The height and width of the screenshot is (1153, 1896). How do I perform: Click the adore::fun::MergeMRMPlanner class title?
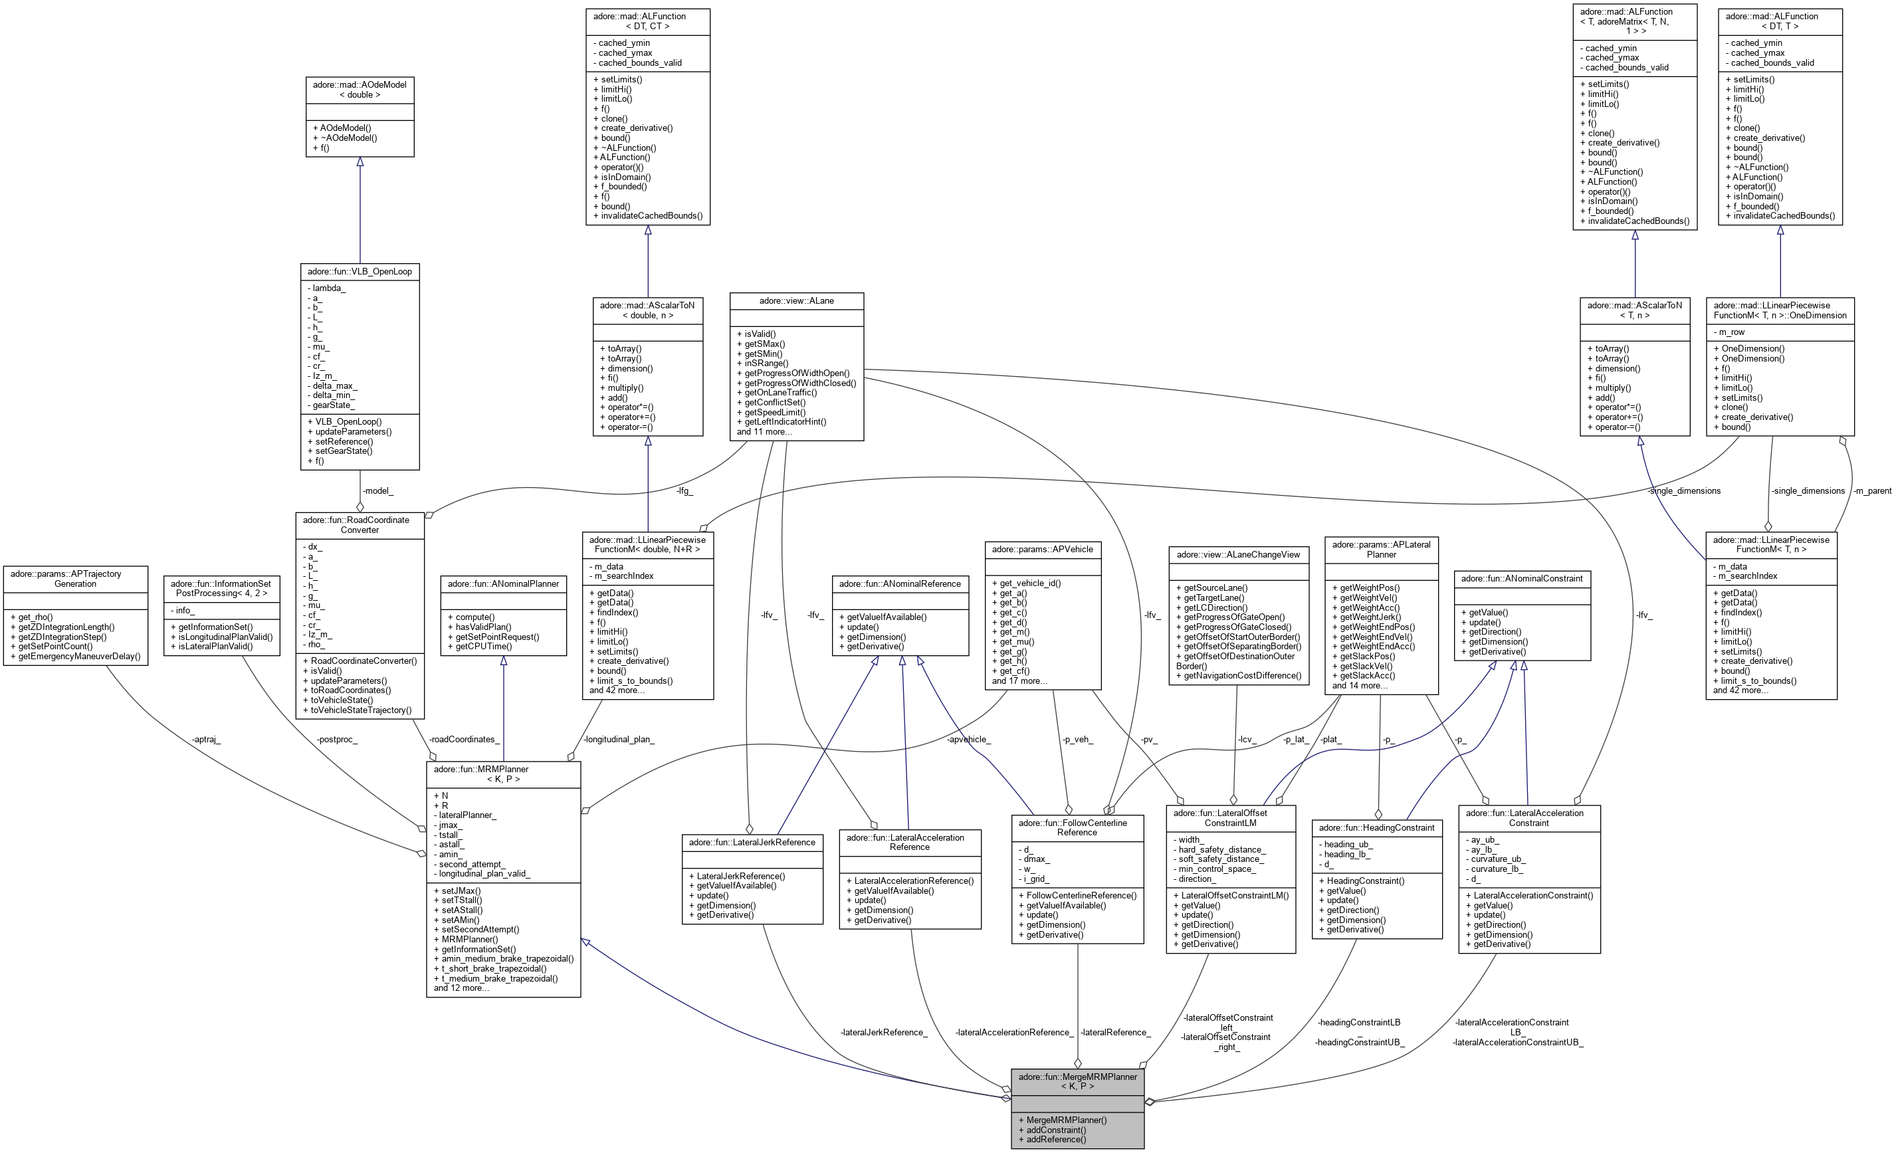pyautogui.click(x=1077, y=1081)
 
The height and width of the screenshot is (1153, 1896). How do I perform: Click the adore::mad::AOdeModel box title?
pyautogui.click(x=360, y=89)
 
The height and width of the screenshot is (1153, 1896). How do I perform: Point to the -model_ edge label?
pyautogui.click(x=378, y=490)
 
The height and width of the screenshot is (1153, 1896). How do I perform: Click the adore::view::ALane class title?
pyautogui.click(x=796, y=300)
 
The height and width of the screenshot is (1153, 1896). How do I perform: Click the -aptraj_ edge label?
pyautogui.click(x=205, y=739)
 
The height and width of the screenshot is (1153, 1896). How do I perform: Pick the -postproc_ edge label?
pyautogui.click(x=337, y=739)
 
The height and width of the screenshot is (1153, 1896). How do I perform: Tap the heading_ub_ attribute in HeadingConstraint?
pyautogui.click(x=1348, y=845)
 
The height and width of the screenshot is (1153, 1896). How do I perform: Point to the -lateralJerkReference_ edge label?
pyautogui.click(x=884, y=1032)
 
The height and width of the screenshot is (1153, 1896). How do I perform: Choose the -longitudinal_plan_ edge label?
pyautogui.click(x=619, y=739)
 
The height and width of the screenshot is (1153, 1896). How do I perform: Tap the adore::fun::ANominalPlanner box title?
pyautogui.click(x=503, y=583)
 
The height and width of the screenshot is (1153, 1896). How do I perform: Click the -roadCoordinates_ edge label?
pyautogui.click(x=464, y=739)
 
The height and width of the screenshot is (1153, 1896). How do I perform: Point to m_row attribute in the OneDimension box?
pyautogui.click(x=1729, y=332)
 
